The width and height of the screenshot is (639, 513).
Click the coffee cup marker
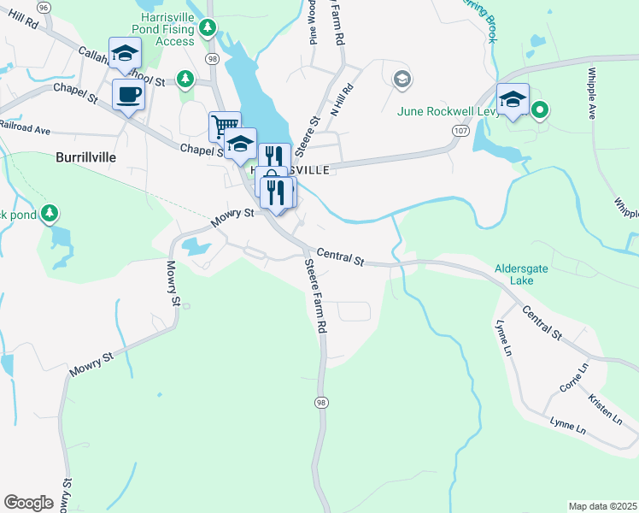point(128,94)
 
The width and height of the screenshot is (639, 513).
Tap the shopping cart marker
point(224,126)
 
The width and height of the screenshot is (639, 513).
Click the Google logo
point(28,503)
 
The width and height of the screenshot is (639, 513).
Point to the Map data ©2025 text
point(602,506)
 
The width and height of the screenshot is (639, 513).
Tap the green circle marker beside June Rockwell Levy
point(539,109)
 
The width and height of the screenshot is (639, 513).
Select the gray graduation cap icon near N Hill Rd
point(401,80)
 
